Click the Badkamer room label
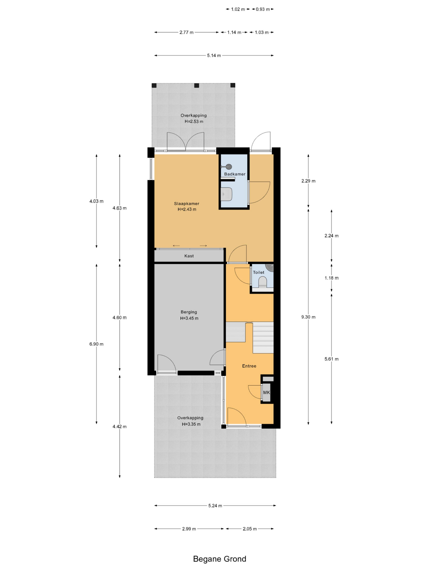coord(235,174)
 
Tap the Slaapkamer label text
coord(186,203)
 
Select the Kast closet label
coord(189,256)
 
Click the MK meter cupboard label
coord(266,392)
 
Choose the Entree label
coord(249,366)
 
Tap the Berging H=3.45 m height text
coord(189,318)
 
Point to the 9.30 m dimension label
coord(308,317)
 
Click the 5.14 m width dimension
coord(214,56)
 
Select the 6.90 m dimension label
coord(96,344)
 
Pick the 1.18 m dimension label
coord(331,278)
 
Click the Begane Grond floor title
coord(220,559)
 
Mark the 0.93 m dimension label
coord(263,9)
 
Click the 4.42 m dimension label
coord(119,427)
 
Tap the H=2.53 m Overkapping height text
coord(194,121)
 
